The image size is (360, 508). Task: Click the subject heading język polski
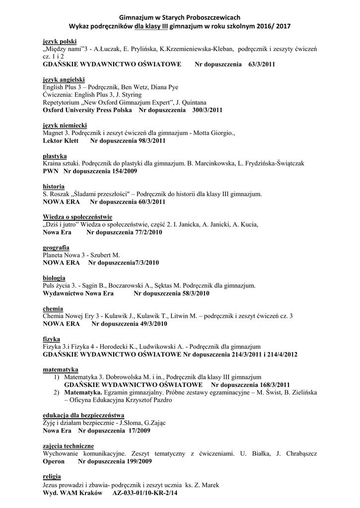tap(60, 41)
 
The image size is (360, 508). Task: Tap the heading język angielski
tap(64, 79)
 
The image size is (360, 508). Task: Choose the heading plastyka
tap(56, 156)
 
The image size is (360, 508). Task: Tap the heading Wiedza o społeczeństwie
tap(77, 217)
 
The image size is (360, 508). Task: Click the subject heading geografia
tap(56, 247)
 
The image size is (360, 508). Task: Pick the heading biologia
tap(54, 278)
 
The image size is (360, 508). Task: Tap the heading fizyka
tap(52, 339)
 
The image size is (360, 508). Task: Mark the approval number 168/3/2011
tap(271, 384)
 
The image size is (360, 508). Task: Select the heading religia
tap(52, 476)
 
